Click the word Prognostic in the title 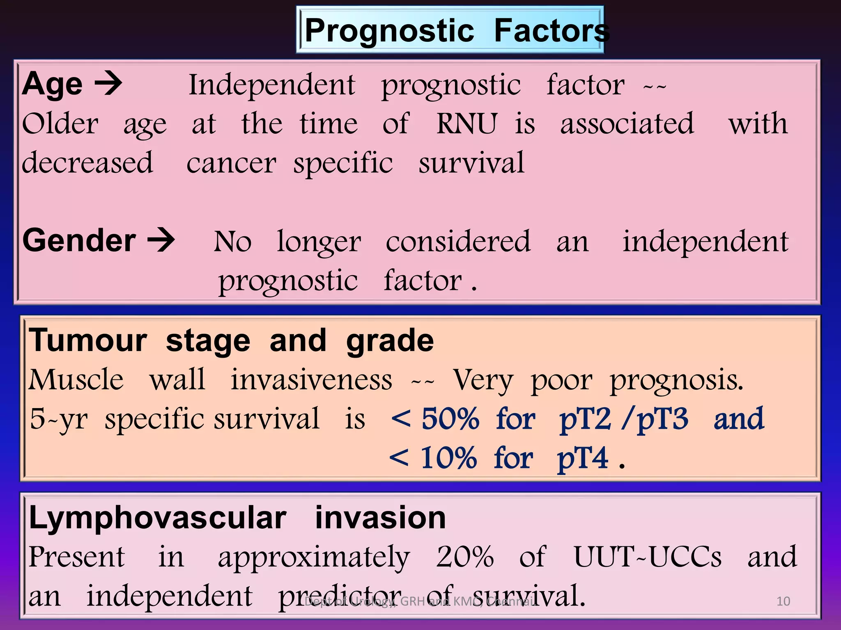click(389, 31)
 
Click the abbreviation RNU click(466, 123)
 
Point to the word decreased click(87, 163)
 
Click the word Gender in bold click(79, 240)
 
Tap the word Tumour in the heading click(87, 340)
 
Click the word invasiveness click(311, 379)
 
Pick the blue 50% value click(450, 419)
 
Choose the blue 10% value click(448, 458)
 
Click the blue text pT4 click(582, 459)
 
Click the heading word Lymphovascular click(158, 518)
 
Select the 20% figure click(464, 557)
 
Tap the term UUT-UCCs click(647, 557)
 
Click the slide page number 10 click(783, 601)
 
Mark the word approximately click(314, 558)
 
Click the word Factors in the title click(551, 31)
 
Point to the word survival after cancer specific click(471, 163)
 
